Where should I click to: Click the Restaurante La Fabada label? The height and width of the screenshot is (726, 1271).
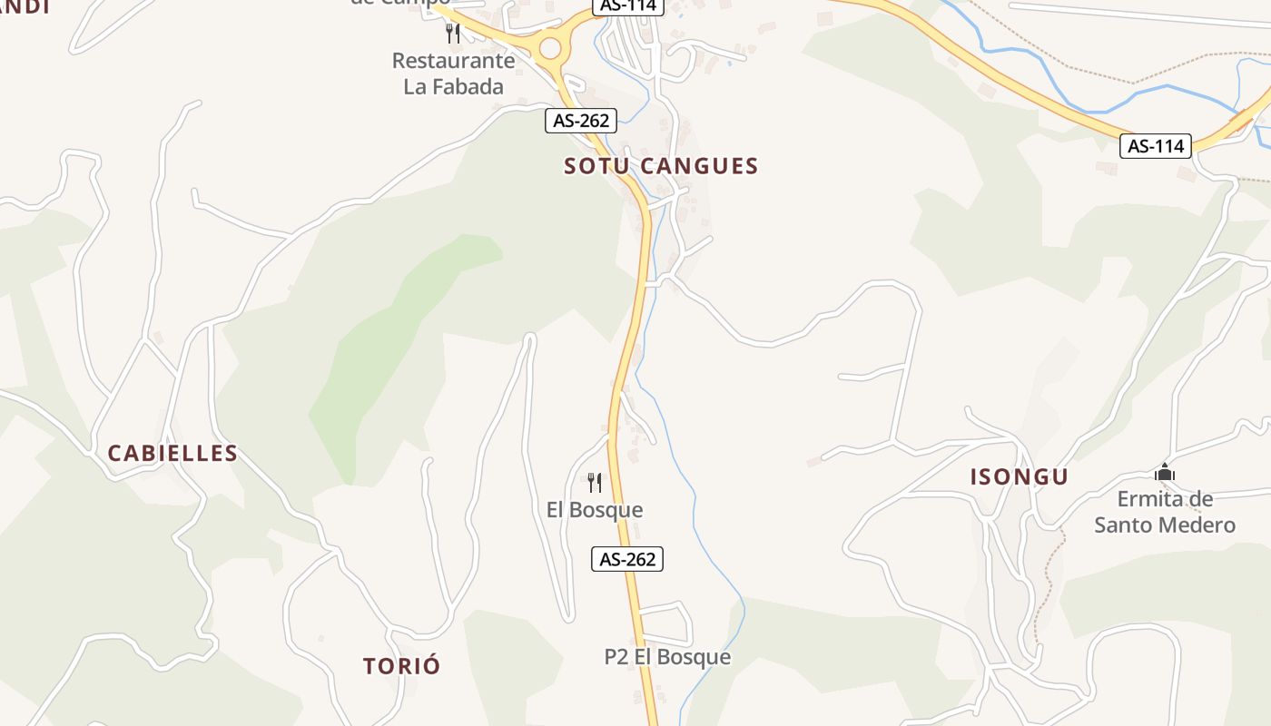453,74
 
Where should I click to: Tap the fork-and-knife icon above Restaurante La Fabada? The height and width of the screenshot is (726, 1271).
453,34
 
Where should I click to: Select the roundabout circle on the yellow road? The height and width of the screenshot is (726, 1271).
550,48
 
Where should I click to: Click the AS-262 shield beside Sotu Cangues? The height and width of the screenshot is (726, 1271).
581,120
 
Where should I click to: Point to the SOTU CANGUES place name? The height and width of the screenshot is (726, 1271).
661,166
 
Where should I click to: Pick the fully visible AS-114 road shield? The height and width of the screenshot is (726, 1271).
1155,145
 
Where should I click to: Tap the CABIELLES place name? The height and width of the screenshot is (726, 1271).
172,454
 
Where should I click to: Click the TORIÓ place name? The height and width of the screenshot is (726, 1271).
401,666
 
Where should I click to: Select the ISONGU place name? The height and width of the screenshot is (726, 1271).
1019,477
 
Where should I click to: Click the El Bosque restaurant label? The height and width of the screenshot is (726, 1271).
595,510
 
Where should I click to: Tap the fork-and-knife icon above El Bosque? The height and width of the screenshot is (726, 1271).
595,482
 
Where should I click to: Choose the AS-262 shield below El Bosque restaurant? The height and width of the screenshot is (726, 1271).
627,559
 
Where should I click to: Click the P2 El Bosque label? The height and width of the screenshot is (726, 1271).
667,657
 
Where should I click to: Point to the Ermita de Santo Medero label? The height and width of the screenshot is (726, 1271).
1165,512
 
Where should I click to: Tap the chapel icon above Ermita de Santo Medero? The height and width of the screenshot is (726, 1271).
1165,472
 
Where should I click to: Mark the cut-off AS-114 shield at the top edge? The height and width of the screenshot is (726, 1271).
629,5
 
